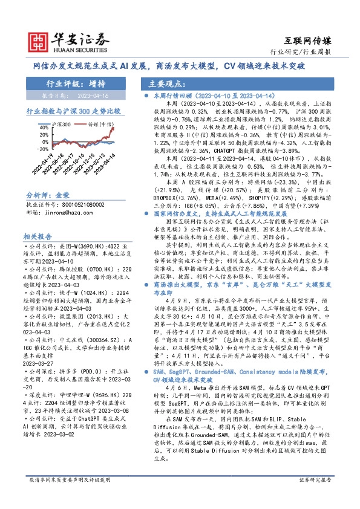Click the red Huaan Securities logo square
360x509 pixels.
(x=40, y=39)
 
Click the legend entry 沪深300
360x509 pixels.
(x=63, y=123)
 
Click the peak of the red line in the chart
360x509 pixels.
(x=113, y=128)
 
